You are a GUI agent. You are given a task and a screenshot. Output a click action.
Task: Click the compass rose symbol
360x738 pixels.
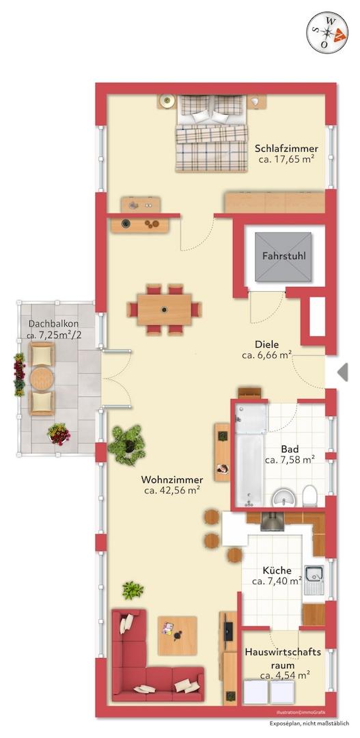pyautogui.click(x=327, y=32)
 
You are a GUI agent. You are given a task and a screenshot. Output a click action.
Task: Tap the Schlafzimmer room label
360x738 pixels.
pyautogui.click(x=286, y=149)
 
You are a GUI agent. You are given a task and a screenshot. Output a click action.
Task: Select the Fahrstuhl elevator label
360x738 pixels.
pyautogui.click(x=283, y=256)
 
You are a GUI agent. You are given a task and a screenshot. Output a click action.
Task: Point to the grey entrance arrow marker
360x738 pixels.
pyautogui.click(x=343, y=372)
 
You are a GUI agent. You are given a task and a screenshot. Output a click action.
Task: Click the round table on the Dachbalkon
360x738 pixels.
pyautogui.click(x=42, y=378)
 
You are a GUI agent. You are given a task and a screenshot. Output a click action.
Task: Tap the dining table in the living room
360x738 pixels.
pyautogui.click(x=164, y=310)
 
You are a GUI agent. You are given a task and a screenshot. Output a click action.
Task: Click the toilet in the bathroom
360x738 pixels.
pyautogui.click(x=309, y=496)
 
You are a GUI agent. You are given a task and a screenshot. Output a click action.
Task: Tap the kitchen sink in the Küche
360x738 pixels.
pyautogui.click(x=314, y=579)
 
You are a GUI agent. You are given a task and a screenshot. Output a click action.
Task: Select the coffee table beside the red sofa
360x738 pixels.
pyautogui.click(x=177, y=635)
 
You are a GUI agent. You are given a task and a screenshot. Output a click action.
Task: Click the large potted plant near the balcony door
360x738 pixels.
pyautogui.click(x=126, y=445)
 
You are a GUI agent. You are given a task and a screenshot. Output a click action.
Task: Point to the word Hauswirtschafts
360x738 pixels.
pyautogui.click(x=283, y=653)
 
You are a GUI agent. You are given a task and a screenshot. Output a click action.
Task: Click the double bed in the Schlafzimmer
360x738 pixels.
pyautogui.click(x=212, y=133)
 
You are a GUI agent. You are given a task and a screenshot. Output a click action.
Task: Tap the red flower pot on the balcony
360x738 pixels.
pyautogui.click(x=59, y=434)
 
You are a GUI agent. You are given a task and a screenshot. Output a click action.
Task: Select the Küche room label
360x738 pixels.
pyautogui.click(x=277, y=571)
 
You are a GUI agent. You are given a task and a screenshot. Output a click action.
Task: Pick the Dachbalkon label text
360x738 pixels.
pyautogui.click(x=54, y=324)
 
